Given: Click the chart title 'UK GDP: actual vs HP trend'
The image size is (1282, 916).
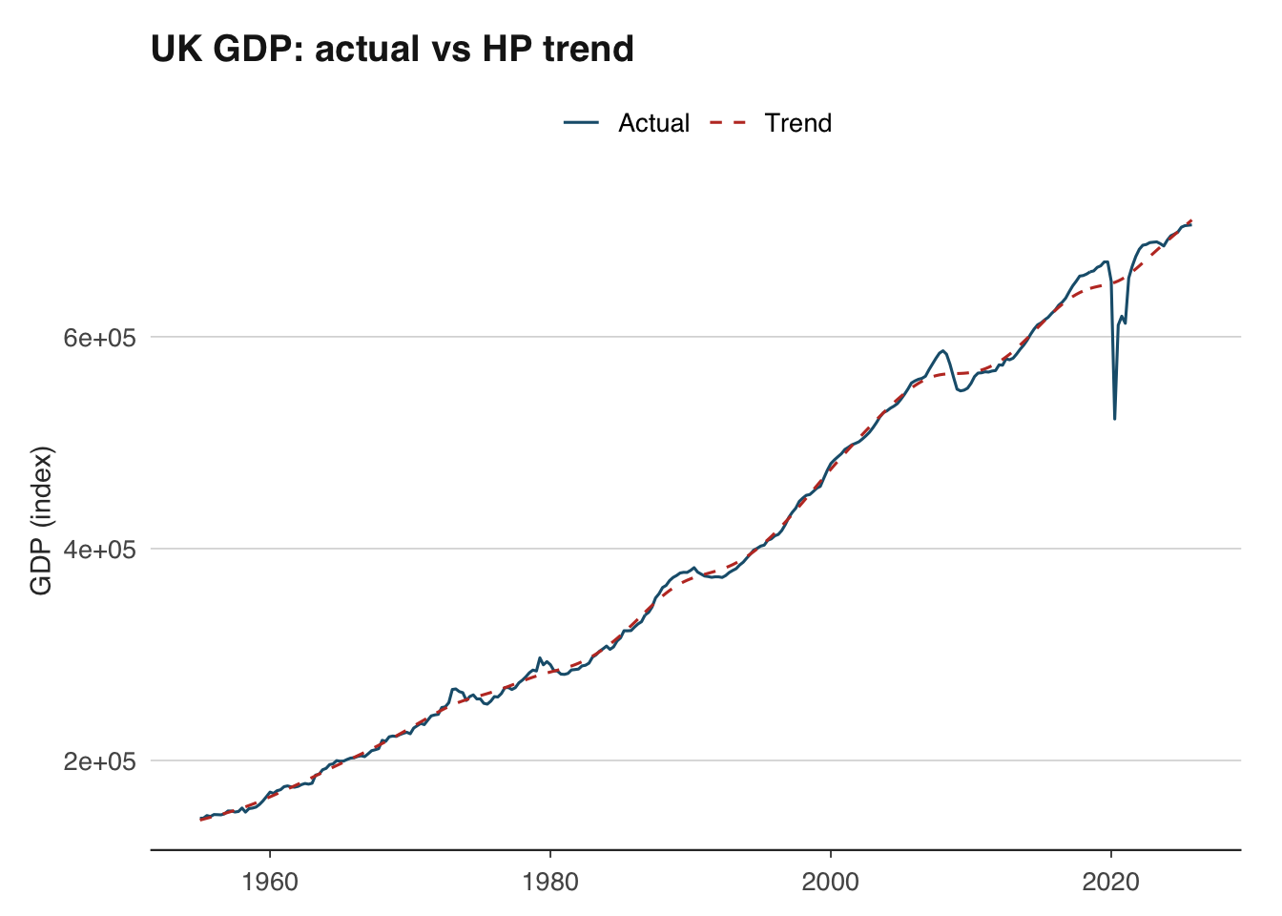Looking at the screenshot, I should pyautogui.click(x=392, y=48).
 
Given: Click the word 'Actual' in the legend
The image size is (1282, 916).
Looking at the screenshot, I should pyautogui.click(x=653, y=123).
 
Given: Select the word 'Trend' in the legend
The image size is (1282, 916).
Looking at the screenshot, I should pyautogui.click(x=797, y=123).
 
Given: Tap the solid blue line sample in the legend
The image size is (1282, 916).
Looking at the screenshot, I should pyautogui.click(x=581, y=123).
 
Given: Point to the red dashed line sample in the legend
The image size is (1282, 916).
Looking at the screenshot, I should pyautogui.click(x=728, y=123).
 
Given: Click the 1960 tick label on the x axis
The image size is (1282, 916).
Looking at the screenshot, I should pyautogui.click(x=270, y=881).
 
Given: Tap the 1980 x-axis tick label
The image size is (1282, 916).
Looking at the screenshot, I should pyautogui.click(x=550, y=881).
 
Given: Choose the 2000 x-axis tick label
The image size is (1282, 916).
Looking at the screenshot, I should pyautogui.click(x=831, y=881).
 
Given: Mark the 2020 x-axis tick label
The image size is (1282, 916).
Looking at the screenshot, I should pyautogui.click(x=1111, y=881).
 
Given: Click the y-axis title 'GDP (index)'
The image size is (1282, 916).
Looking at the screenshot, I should pyautogui.click(x=41, y=520).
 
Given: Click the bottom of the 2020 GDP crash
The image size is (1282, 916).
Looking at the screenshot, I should pyautogui.click(x=1114, y=419).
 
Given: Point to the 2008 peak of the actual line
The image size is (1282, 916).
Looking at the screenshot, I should pyautogui.click(x=942, y=350).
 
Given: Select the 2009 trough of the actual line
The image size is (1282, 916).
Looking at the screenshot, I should pyautogui.click(x=961, y=390).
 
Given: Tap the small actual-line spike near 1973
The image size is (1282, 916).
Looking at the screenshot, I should pyautogui.click(x=454, y=688).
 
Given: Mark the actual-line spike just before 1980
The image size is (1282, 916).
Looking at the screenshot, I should pyautogui.click(x=540, y=658).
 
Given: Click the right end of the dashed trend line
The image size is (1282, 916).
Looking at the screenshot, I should pyautogui.click(x=1191, y=219).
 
